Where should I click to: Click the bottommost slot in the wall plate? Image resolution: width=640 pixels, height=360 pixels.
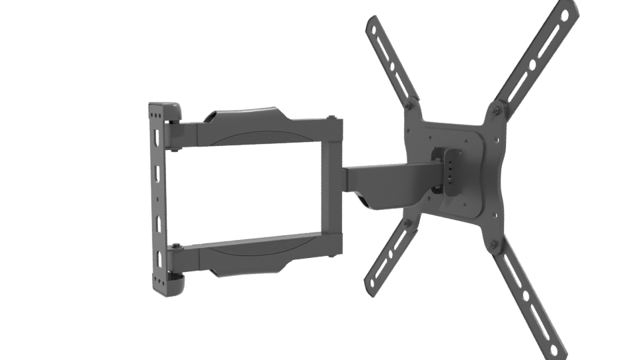click(x=158, y=258)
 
